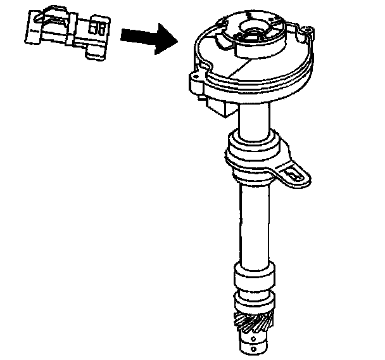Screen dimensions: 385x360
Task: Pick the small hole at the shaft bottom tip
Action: pyautogui.click(x=253, y=347)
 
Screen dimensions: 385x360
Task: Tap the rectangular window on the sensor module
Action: pyautogui.click(x=97, y=29)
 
